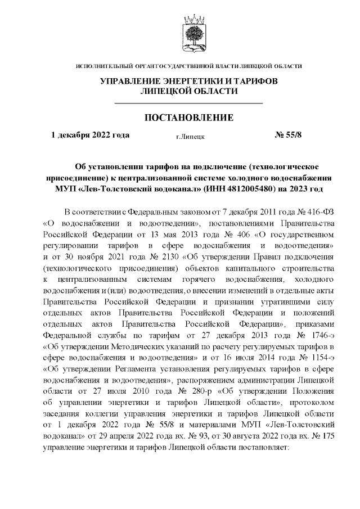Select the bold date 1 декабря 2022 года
click(x=91, y=135)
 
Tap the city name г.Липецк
click(x=190, y=136)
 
